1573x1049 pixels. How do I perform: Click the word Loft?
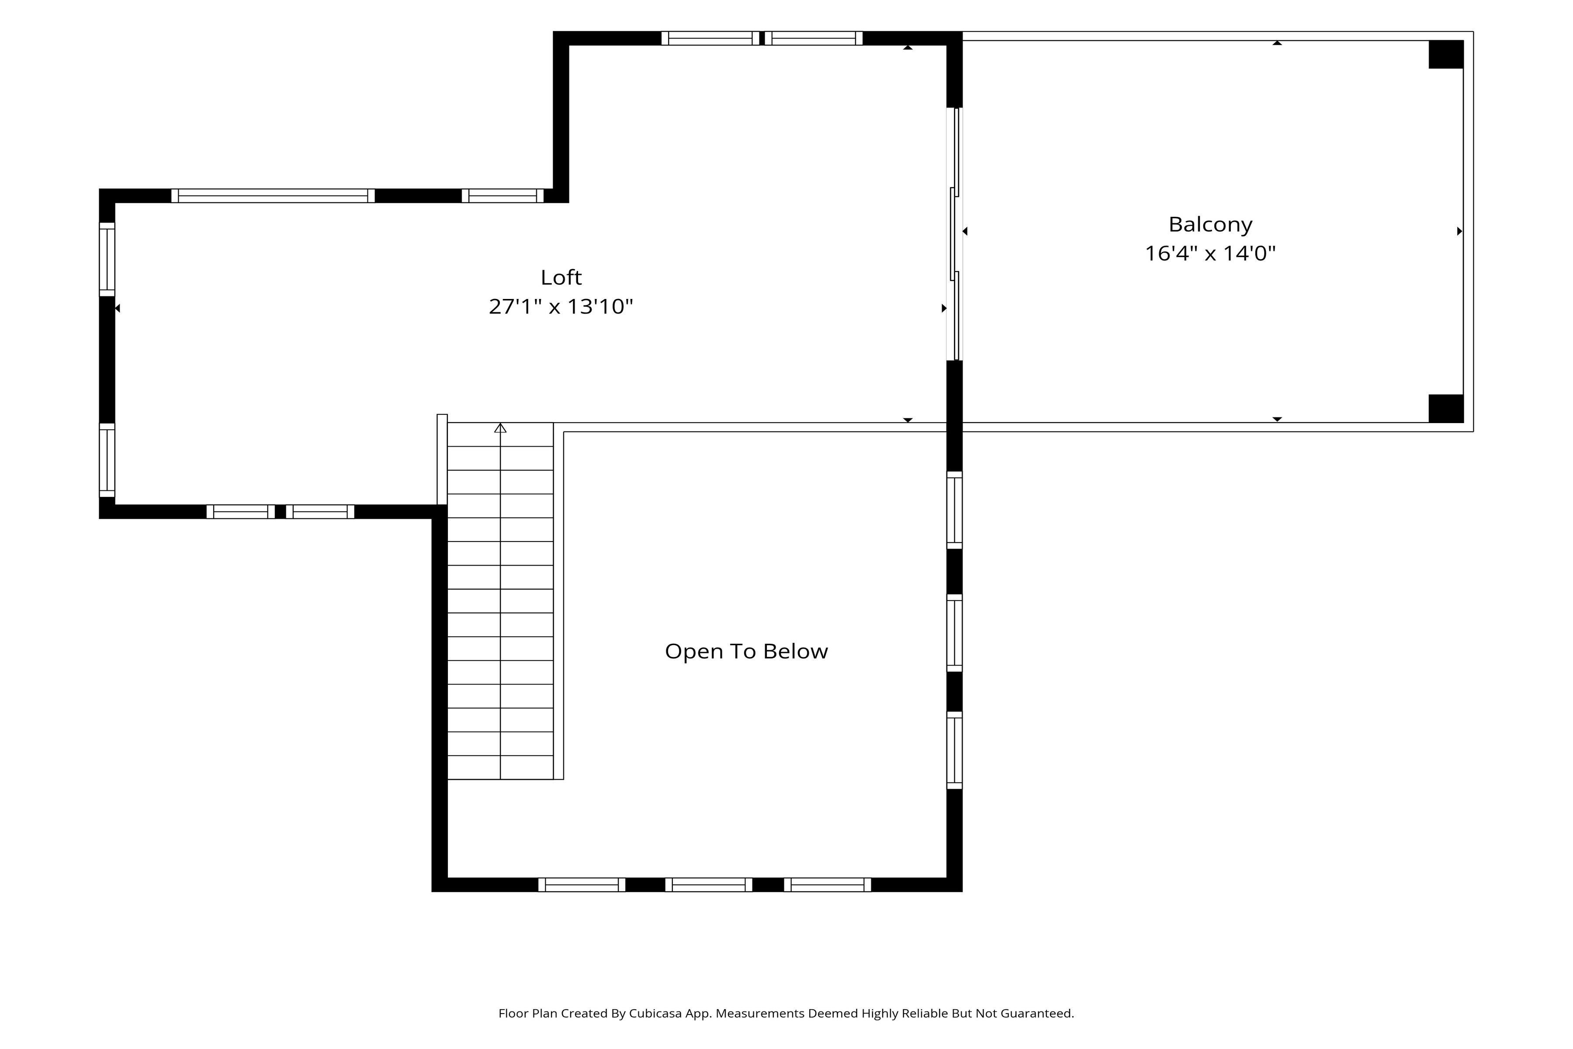point(561,277)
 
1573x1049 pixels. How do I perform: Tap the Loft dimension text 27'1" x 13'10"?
point(561,306)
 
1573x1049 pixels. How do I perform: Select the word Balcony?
point(1210,225)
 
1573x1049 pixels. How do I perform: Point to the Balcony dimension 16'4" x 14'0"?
point(1210,254)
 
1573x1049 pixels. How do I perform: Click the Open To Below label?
point(746,651)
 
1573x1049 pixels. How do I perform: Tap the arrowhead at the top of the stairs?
point(500,427)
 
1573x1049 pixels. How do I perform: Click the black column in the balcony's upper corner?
point(1446,54)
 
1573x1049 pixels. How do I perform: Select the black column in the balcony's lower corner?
point(1446,408)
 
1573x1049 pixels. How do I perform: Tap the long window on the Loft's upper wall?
point(273,196)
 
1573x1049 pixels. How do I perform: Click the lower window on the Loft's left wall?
point(107,460)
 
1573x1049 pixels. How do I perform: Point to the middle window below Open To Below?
point(709,884)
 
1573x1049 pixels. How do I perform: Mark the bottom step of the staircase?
point(500,768)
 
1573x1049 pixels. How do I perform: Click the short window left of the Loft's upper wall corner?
point(503,196)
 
